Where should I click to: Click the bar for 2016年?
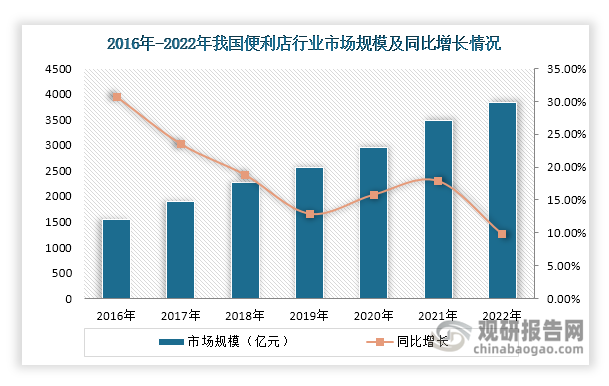coord(116,259)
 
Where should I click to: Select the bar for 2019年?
coord(309,233)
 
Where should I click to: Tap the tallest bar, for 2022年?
coord(502,201)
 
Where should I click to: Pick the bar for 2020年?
coord(373,223)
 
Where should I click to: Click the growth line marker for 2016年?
coord(116,97)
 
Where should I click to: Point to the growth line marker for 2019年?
coord(309,214)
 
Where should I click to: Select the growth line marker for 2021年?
coord(438,181)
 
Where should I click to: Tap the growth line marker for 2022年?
coord(502,234)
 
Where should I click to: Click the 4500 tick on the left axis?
coord(57,69)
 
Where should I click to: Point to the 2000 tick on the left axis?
coord(57,197)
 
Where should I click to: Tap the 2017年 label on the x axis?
coord(180,315)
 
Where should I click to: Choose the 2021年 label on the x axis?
coord(438,315)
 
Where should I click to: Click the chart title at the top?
coord(304,43)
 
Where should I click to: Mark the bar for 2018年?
coord(245,241)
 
